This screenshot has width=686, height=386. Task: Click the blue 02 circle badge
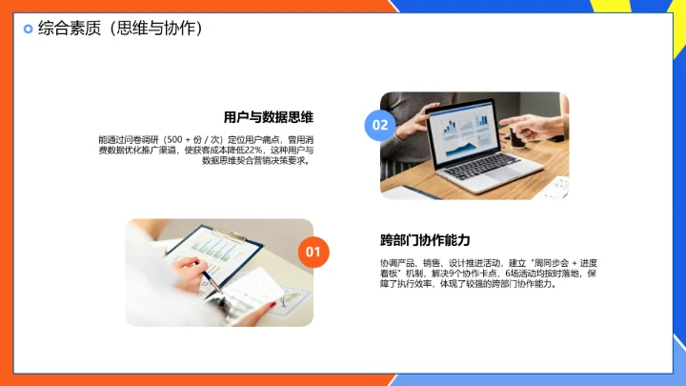[380, 125]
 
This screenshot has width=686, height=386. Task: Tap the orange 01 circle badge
[313, 252]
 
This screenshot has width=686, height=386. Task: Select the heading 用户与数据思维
[269, 117]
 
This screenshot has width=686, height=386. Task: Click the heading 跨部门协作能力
[425, 240]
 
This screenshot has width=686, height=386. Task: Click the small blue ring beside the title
[28, 29]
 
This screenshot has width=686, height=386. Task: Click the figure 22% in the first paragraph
[253, 150]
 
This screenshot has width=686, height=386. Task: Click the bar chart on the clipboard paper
[215, 250]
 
